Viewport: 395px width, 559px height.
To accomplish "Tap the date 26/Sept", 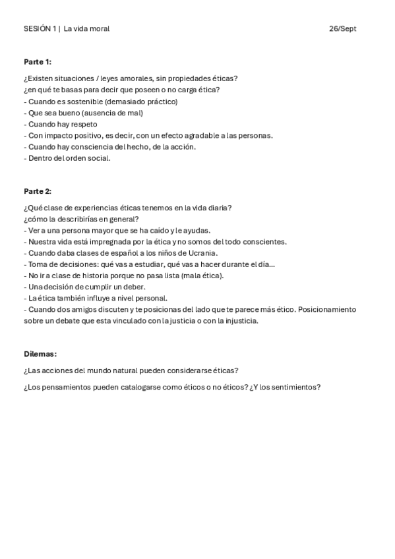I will click(343, 29).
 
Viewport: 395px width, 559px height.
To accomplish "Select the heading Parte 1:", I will click(38, 62).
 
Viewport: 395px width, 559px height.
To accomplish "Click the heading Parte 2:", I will click(38, 191).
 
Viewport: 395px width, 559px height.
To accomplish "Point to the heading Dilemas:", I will click(40, 354).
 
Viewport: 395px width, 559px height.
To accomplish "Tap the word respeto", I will click(83, 124).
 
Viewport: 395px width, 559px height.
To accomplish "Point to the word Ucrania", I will click(203, 252).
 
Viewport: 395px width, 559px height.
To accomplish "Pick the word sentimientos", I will click(292, 387).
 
